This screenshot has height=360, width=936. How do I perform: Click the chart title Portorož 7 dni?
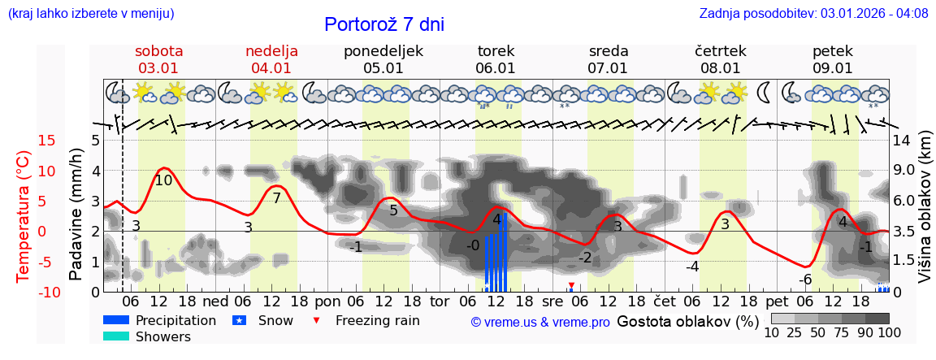(383, 24)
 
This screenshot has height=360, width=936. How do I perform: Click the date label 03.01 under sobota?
(159, 68)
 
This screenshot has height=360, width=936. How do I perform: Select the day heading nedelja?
(271, 51)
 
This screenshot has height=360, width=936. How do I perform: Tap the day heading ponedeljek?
(383, 51)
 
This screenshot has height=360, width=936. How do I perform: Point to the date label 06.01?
(496, 68)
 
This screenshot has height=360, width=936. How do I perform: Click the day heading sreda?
(608, 51)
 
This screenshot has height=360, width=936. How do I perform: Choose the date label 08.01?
(721, 68)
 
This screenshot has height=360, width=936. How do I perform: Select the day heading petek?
(833, 51)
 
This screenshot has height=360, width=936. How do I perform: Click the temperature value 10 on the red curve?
(163, 180)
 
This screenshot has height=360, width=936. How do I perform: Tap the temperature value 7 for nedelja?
(276, 198)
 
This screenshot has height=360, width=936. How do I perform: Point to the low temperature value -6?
(805, 280)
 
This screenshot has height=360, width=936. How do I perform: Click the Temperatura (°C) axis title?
(24, 216)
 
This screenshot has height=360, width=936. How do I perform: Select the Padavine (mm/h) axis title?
(76, 215)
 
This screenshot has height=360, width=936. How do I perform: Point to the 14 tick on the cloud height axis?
(903, 141)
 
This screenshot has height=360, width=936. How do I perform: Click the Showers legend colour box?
(115, 336)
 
